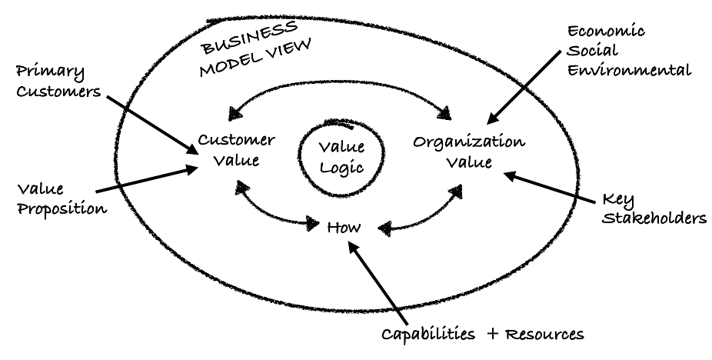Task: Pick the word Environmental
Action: pos(627,72)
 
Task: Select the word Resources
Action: pos(547,335)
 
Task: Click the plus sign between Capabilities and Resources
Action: pos(494,335)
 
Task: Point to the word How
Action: pos(344,228)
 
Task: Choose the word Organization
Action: pos(468,143)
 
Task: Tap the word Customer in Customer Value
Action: pos(236,141)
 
